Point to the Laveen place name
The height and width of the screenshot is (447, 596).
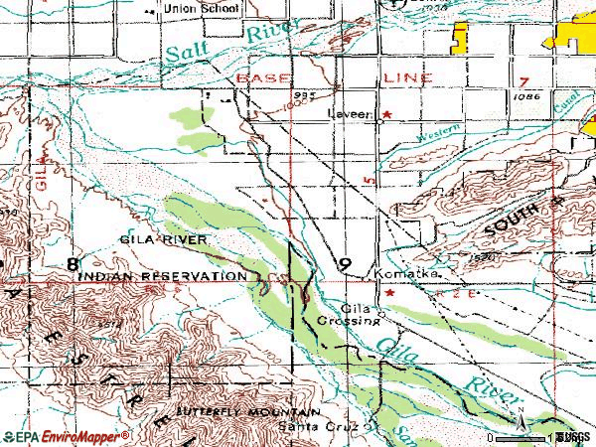351,114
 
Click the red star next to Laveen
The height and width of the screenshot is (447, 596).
387,114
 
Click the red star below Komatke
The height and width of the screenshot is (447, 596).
388,293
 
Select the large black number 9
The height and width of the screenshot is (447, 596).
344,264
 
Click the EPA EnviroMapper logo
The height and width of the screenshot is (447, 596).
66,436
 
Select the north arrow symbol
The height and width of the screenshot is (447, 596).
519,422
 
